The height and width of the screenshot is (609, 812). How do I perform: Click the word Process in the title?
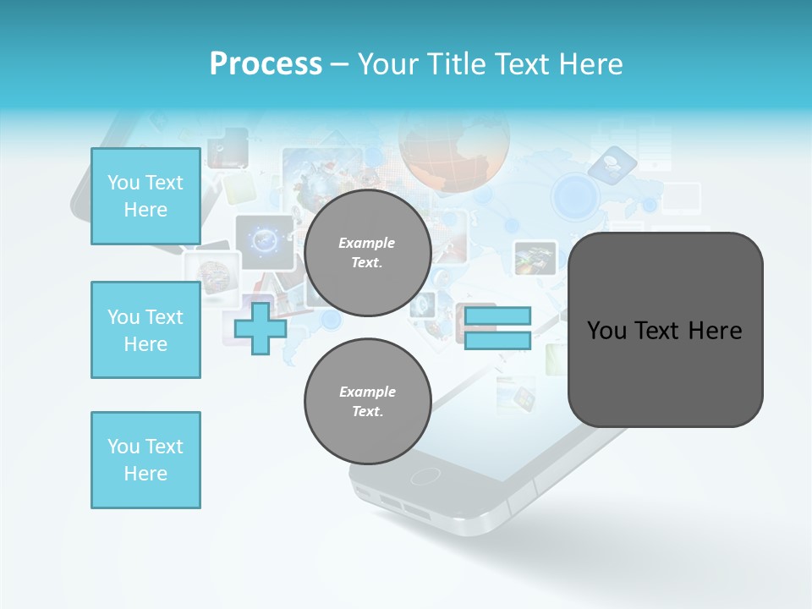266,64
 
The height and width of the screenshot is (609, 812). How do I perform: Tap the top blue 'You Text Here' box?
145,196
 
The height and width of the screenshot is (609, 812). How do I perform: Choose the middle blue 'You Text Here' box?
145,330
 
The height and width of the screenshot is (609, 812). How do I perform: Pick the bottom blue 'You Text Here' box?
145,460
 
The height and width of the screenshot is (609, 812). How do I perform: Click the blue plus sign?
261,328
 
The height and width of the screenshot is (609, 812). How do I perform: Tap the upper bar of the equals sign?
497,316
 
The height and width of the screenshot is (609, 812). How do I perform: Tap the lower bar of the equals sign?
497,340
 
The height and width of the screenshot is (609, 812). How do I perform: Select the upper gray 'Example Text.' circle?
367,252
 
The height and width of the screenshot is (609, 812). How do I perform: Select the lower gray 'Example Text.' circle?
367,401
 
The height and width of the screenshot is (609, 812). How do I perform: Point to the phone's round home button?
425,476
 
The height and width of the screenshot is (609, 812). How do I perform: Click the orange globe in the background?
454,152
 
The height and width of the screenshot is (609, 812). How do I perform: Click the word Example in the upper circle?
367,243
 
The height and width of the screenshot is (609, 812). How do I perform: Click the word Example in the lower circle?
367,392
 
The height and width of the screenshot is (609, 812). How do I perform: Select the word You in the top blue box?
123,183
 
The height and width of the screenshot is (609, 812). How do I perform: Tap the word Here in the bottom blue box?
145,474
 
